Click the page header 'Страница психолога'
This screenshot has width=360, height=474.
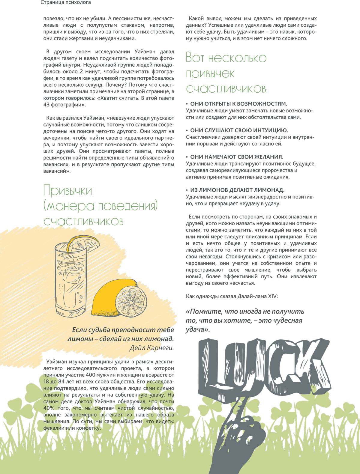66,3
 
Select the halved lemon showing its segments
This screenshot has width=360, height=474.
132,301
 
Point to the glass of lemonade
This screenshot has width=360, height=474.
70,282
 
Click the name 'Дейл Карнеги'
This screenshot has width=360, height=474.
151,348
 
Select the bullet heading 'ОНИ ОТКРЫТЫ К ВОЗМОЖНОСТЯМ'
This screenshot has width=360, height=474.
238,104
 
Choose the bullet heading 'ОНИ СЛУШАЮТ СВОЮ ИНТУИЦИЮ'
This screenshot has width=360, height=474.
239,130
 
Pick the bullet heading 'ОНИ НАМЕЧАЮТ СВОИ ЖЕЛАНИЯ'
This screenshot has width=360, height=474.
237,157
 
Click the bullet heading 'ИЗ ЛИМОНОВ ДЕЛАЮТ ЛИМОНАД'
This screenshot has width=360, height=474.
237,190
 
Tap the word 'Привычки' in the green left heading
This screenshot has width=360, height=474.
68,191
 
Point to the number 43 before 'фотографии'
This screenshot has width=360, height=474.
46,105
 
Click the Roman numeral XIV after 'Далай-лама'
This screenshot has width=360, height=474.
273,297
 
